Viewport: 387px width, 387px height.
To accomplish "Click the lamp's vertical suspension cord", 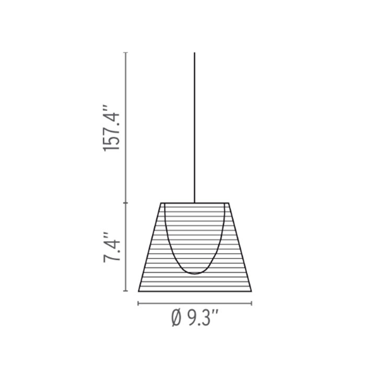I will tap(194, 126).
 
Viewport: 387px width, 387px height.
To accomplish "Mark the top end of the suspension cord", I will tap(194, 53).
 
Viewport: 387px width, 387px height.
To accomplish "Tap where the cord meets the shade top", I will tap(194, 203).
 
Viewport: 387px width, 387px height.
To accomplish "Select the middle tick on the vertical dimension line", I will tap(126, 203).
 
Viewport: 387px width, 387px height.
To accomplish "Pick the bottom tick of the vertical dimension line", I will tap(126, 291).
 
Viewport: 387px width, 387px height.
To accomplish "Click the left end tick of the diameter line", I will tap(138, 304).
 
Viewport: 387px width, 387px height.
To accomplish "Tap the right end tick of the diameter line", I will tap(252, 304).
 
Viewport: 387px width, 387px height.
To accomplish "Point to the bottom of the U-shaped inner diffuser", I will tap(194, 274).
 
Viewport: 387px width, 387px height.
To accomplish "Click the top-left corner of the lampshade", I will tap(161, 203).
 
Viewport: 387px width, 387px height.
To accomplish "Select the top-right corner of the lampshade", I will tap(229, 203).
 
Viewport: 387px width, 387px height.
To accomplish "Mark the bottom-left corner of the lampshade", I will tap(139, 291).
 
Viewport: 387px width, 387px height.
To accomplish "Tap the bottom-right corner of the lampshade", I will tap(251, 291).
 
